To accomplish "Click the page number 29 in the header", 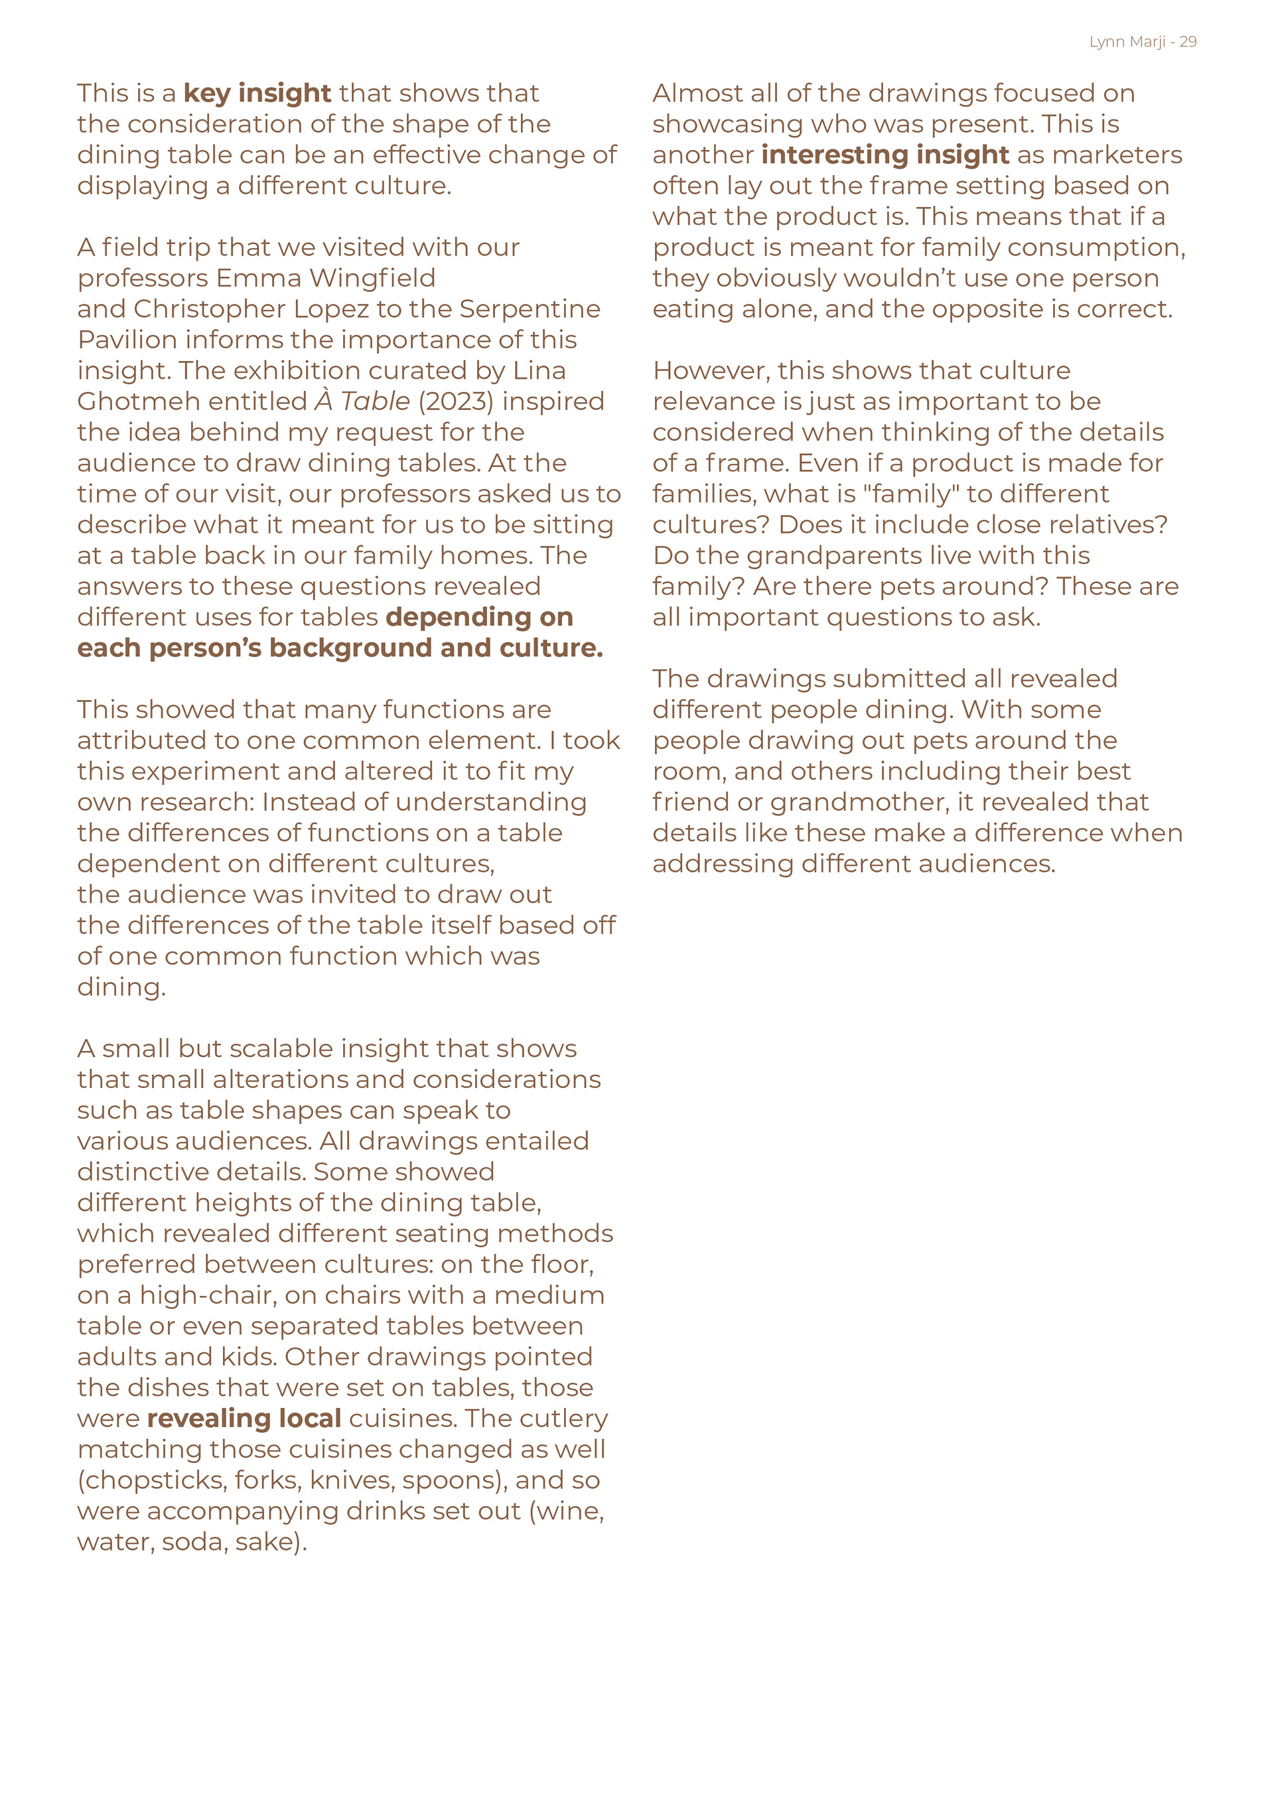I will [1188, 42].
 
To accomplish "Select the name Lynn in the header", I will [1107, 42].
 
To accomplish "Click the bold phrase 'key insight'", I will [257, 93].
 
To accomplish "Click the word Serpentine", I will [530, 309].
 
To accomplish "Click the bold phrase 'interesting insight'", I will [885, 155].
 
